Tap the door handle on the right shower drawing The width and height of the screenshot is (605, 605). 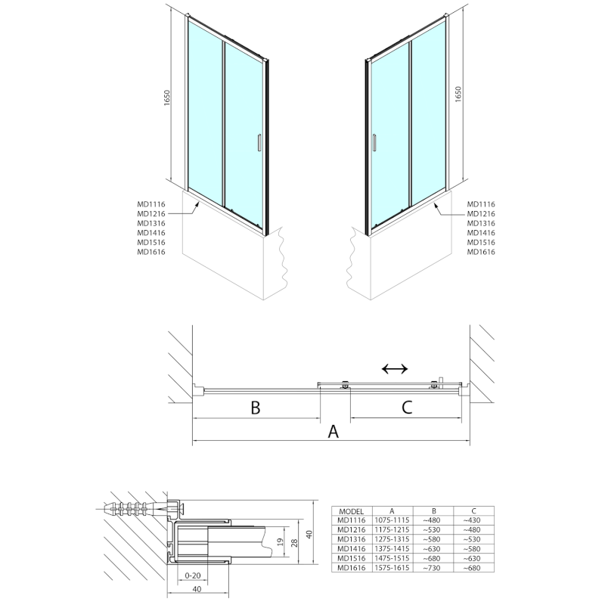pyautogui.click(x=372, y=143)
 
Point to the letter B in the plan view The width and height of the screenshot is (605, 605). pyautogui.click(x=256, y=408)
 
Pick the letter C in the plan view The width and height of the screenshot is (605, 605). pyautogui.click(x=406, y=408)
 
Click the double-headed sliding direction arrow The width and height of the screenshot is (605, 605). pyautogui.click(x=395, y=369)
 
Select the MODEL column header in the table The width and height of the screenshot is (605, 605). pyautogui.click(x=353, y=511)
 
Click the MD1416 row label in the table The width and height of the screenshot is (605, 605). pyautogui.click(x=353, y=549)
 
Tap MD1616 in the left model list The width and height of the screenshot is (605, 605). pyautogui.click(x=151, y=252)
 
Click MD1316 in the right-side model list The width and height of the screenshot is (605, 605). pyautogui.click(x=481, y=223)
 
